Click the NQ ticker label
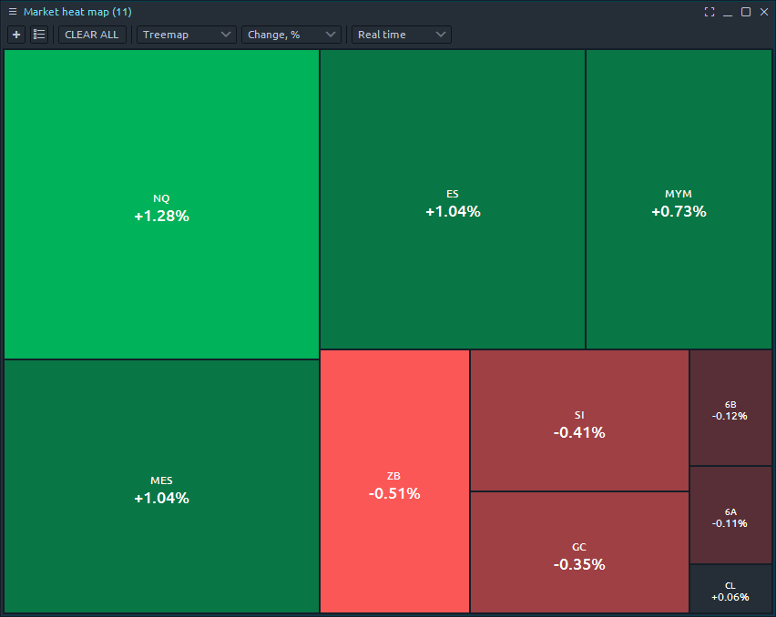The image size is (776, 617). click(x=161, y=198)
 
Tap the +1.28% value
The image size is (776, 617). click(x=161, y=217)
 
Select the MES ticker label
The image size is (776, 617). click(x=161, y=480)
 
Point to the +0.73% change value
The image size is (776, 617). click(x=679, y=211)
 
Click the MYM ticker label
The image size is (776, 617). click(x=679, y=194)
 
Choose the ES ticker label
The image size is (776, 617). click(x=453, y=194)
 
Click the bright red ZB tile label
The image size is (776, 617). click(x=393, y=476)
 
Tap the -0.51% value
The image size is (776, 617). click(x=394, y=493)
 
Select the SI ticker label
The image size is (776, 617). click(x=579, y=415)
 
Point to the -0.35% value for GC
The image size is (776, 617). click(x=579, y=564)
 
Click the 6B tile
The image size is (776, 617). click(x=730, y=410)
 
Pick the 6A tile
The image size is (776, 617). click(x=730, y=517)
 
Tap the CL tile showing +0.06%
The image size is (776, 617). click(x=730, y=591)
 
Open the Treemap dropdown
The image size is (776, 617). click(x=187, y=35)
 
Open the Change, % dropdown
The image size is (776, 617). click(x=291, y=35)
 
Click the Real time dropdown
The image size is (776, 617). click(x=402, y=35)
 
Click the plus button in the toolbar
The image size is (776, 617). click(x=16, y=35)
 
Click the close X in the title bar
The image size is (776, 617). click(x=763, y=12)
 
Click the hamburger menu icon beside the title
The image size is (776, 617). click(x=13, y=12)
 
